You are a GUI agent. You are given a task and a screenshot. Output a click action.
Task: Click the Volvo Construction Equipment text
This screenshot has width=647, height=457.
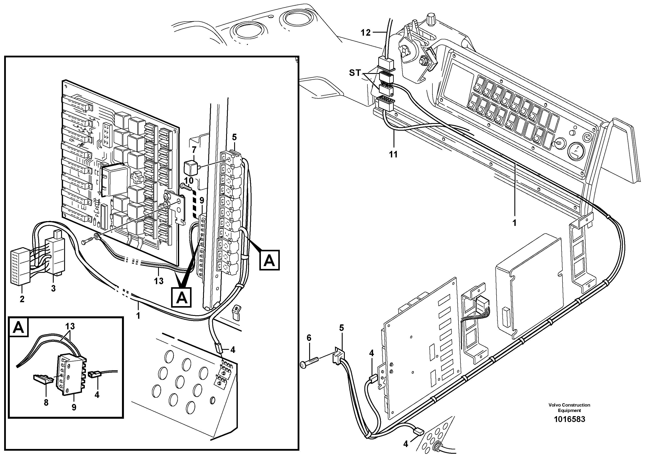[569, 408]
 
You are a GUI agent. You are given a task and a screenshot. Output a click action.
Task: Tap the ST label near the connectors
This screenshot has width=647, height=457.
[355, 73]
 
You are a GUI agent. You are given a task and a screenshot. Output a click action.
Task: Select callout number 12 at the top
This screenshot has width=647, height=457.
[366, 33]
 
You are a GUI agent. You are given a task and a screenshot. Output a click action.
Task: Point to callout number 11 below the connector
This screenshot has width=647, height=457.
[393, 154]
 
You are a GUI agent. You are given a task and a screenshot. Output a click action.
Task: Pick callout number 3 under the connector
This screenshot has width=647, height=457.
[53, 288]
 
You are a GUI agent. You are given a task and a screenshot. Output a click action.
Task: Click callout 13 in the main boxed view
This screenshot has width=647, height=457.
[159, 281]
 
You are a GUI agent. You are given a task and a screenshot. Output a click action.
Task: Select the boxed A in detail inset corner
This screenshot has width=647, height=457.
[19, 327]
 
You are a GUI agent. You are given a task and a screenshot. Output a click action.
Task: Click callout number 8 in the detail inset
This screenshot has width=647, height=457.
[46, 403]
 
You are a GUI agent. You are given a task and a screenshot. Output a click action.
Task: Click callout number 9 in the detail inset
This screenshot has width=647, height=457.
[74, 407]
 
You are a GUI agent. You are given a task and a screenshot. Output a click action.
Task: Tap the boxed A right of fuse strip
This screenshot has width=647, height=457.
[269, 260]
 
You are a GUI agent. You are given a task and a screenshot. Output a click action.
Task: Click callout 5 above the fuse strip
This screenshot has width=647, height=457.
[234, 137]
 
